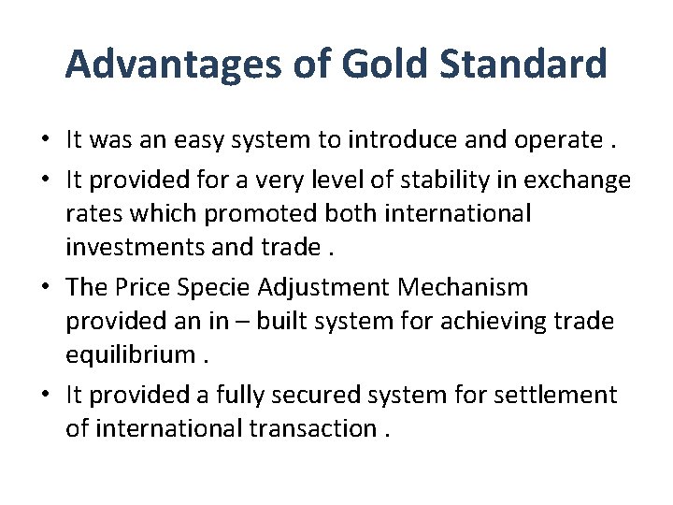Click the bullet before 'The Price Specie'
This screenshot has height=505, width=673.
[x=45, y=287]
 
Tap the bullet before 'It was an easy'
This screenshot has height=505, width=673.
[x=45, y=141]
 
